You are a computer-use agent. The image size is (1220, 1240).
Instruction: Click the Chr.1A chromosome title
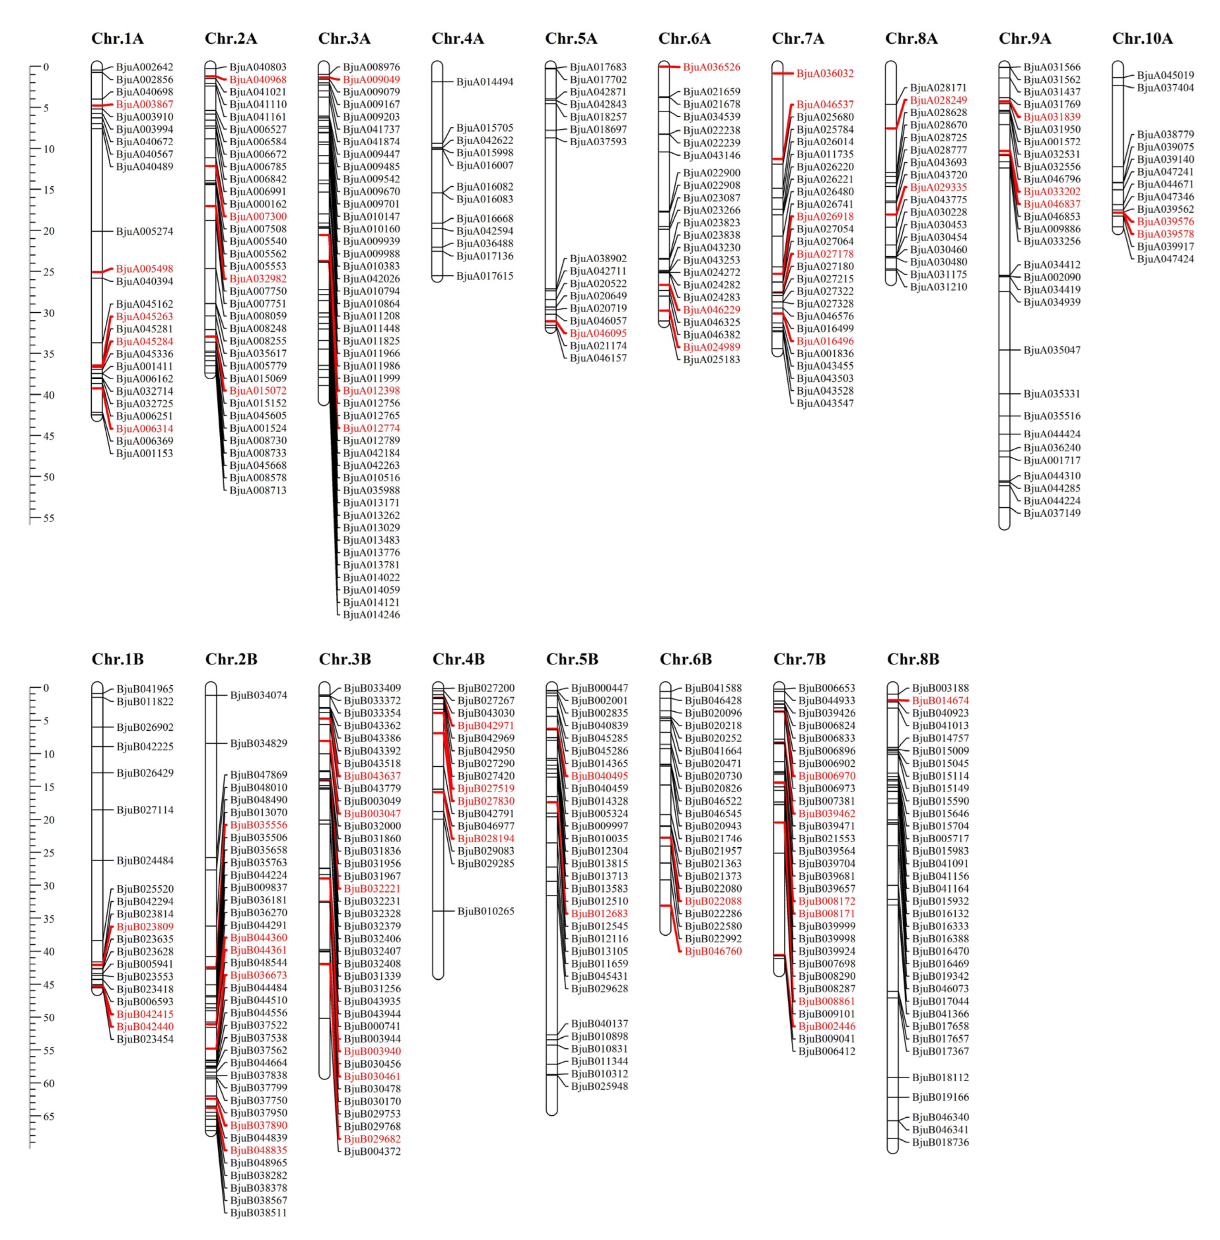point(117,38)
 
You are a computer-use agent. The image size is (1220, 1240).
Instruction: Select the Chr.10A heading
point(1142,38)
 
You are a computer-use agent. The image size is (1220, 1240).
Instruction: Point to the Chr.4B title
point(458,659)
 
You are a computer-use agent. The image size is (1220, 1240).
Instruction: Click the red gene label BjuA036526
point(711,67)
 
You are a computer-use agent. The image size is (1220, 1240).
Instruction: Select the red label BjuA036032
point(825,73)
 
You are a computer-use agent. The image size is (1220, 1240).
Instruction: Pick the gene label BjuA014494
point(484,81)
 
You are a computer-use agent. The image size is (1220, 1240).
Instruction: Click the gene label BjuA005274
point(144,231)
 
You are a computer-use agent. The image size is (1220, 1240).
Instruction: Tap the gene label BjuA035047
point(1051,350)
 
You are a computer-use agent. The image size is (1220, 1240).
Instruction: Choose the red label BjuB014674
point(940,701)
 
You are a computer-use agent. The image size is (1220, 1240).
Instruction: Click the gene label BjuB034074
point(258,695)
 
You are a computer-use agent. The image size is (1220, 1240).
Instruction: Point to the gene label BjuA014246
point(371,615)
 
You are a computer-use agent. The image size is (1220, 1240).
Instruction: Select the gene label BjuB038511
point(258,1212)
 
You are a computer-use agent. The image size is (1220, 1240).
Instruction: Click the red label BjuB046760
point(713,951)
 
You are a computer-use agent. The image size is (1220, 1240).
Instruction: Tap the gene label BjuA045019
point(1165,75)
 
